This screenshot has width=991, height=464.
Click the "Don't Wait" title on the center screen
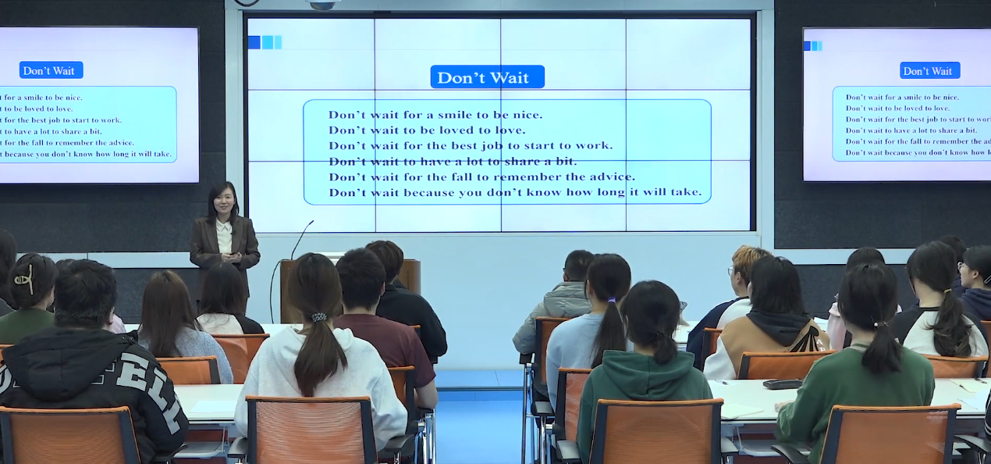487,77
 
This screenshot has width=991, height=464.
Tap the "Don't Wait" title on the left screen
51,70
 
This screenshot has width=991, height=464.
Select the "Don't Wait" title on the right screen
929,71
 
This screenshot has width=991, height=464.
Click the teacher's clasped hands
233,257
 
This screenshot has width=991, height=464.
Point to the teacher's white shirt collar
224,227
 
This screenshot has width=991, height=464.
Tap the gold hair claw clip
24,279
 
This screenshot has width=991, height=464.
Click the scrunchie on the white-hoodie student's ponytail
318,316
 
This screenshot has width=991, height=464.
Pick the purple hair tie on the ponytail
612,300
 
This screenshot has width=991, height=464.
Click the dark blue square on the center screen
254,42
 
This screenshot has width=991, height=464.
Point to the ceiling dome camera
322,5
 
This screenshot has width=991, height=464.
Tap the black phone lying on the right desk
782,384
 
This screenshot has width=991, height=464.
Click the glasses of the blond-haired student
730,270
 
